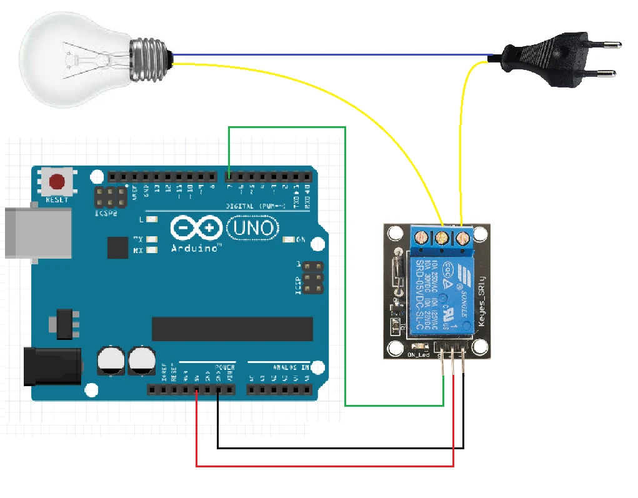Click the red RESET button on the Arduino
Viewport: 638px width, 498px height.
pos(57,182)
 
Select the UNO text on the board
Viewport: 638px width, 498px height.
pos(253,228)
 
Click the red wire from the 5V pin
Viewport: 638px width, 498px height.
pos(325,466)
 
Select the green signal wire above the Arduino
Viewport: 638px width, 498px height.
pos(287,127)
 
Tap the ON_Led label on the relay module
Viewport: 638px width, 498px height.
pos(418,356)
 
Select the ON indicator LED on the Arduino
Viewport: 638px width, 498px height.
pos(289,239)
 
